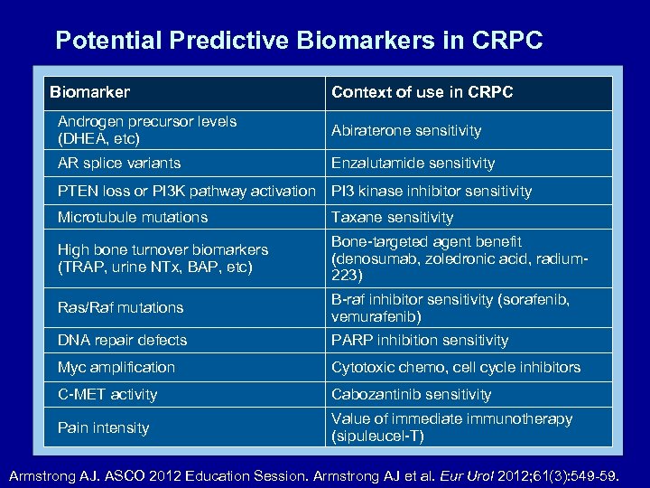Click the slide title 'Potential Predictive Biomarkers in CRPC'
299,41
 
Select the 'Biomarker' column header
89,92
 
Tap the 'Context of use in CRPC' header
422,92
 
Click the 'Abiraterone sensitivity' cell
405,131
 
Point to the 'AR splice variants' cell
119,164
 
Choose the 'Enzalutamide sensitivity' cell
413,164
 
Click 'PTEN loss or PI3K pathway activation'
187,191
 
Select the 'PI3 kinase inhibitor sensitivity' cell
431,191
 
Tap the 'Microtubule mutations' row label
133,217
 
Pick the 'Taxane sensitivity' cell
392,217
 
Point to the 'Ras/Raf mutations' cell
120,307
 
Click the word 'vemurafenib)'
376,317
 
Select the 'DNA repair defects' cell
122,340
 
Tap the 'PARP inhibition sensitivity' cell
420,340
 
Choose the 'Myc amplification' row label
116,367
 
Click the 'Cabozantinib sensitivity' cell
411,394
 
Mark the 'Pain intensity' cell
103,427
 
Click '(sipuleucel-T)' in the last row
377,436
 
